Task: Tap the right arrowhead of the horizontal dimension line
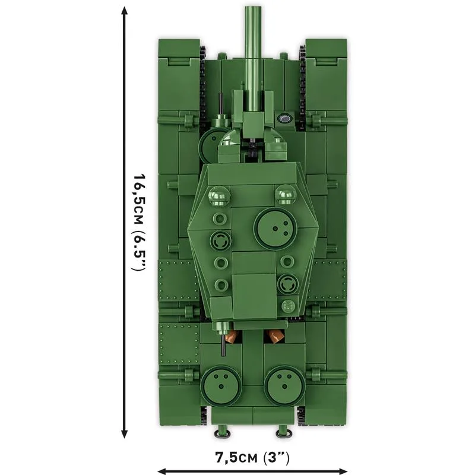(343, 471)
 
